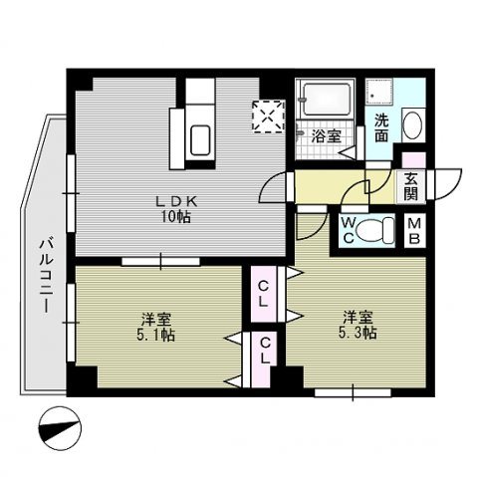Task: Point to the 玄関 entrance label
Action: click(x=411, y=186)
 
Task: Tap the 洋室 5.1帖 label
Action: click(x=157, y=327)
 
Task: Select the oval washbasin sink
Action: click(x=411, y=126)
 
